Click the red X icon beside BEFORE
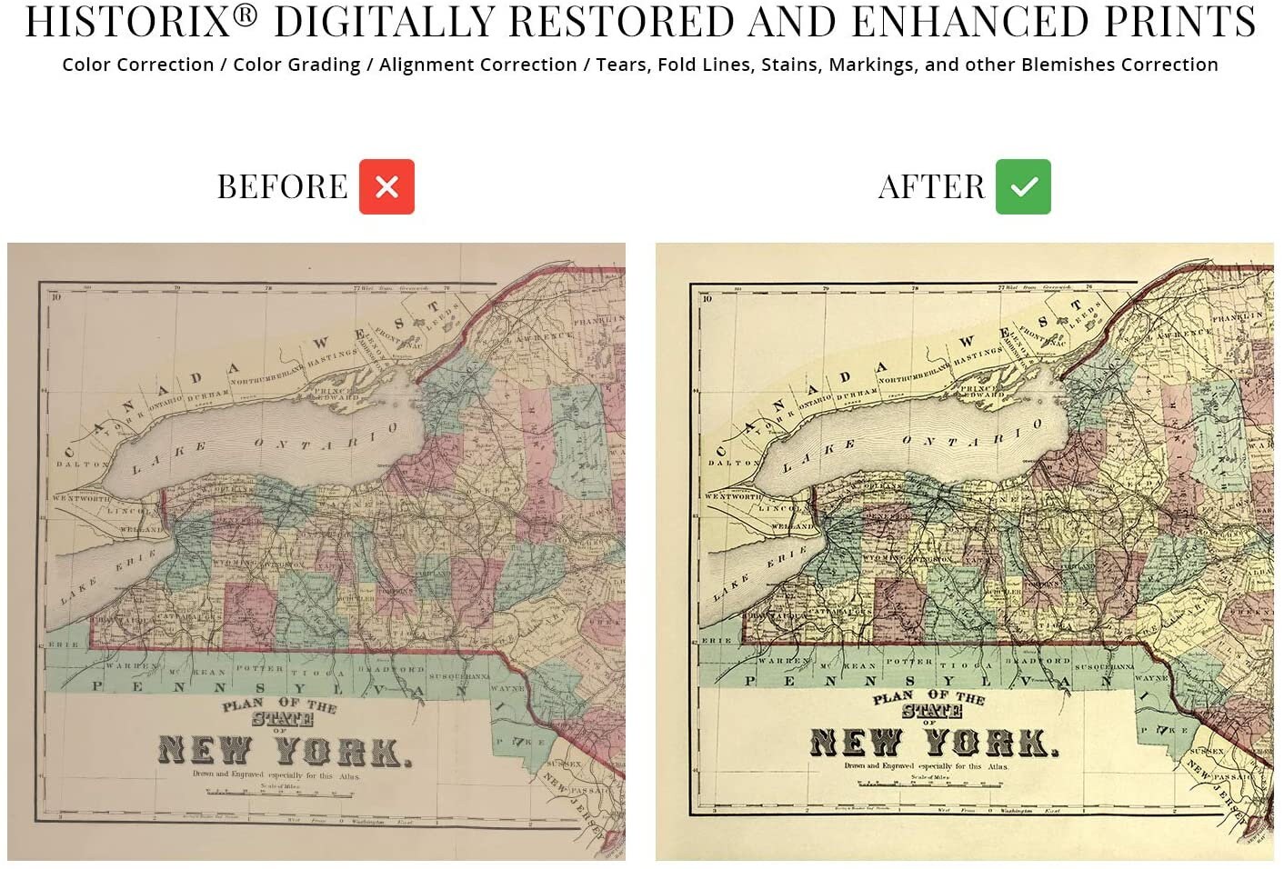386,186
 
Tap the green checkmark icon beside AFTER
1023,186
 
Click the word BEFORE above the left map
283,187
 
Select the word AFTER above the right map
931,187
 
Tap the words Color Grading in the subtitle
296,65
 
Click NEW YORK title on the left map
285,751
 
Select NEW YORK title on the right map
934,743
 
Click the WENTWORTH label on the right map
732,496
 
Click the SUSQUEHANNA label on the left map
459,676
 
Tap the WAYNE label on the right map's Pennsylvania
1151,677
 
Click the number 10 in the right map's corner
707,297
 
